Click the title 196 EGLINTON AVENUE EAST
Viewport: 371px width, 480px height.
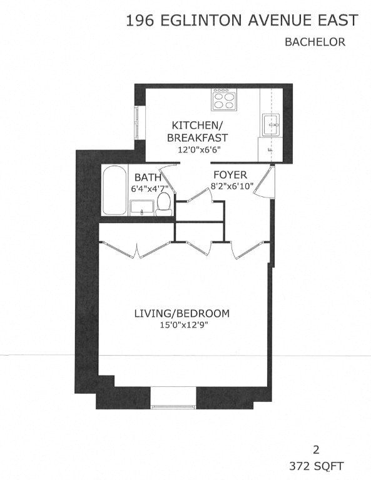click(x=242, y=21)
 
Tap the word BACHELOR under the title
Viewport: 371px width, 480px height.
click(x=315, y=42)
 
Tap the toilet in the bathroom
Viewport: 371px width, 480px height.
click(x=165, y=202)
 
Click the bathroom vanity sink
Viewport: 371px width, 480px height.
click(x=141, y=207)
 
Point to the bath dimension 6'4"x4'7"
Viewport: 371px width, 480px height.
click(x=150, y=188)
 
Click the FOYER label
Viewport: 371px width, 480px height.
click(x=230, y=174)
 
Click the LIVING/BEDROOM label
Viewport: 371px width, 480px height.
click(x=182, y=313)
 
